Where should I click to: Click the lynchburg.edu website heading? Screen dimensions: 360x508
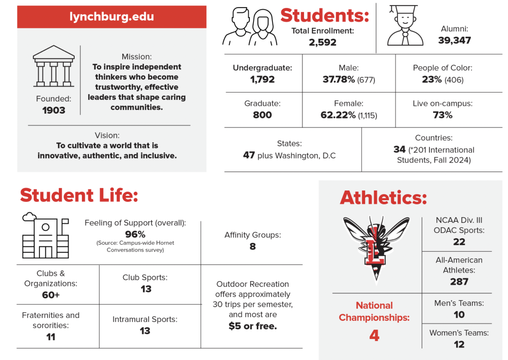[112, 16]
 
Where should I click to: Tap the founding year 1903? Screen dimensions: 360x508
[54, 110]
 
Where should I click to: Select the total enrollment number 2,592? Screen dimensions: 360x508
[322, 42]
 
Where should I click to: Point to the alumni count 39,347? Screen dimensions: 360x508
[454, 40]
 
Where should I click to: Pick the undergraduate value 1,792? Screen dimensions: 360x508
[262, 80]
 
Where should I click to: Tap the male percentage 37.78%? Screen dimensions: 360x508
[339, 80]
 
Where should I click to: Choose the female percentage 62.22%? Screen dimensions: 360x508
[338, 115]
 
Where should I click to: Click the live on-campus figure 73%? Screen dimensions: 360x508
[443, 115]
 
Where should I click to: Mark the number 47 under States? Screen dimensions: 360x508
[249, 155]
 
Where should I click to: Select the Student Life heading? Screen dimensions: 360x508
[79, 195]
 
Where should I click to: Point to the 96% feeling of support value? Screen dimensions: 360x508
[135, 234]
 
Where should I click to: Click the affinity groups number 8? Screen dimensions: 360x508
[252, 246]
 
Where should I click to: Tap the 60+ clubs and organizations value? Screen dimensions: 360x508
[51, 295]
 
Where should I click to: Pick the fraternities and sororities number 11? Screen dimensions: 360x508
[51, 337]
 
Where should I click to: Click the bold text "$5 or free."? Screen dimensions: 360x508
[253, 326]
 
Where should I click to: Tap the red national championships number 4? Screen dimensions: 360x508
[374, 335]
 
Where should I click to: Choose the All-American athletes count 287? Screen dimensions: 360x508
[459, 282]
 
